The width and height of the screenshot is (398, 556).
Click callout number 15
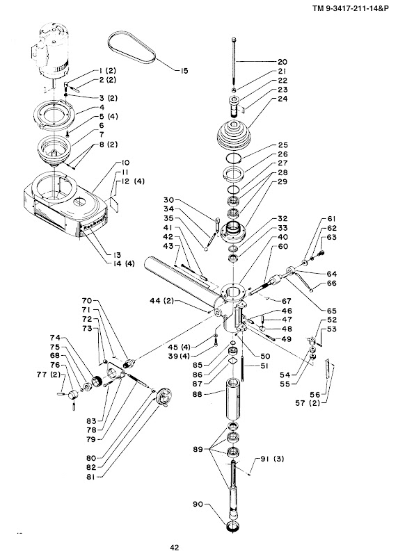coord(184,71)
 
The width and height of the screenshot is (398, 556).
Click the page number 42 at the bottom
coord(175,548)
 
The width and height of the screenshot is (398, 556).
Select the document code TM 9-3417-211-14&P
coord(350,8)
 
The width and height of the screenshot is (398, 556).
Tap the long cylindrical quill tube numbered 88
coord(233,399)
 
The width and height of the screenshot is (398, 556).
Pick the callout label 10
coord(125,163)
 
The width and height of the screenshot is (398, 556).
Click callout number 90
coord(198,504)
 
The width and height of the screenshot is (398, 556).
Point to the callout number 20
coord(282,62)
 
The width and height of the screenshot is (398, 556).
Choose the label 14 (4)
coord(122,264)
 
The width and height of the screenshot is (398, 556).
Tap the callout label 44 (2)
coord(162,301)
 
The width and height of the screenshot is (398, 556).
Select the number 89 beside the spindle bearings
coord(198,449)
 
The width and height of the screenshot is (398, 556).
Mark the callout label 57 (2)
coord(308,403)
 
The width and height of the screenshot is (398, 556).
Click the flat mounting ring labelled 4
coord(54,114)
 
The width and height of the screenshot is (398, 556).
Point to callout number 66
coord(332,284)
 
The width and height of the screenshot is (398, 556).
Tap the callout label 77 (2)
coord(49,375)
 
